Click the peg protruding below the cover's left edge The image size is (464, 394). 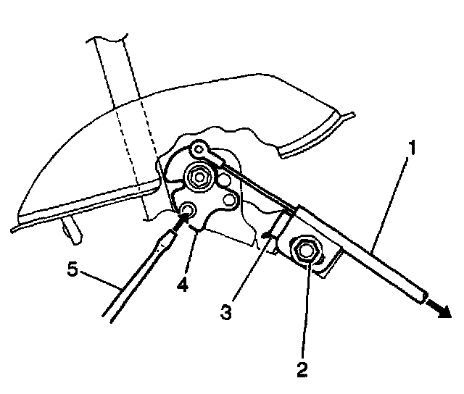coord(70,230)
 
